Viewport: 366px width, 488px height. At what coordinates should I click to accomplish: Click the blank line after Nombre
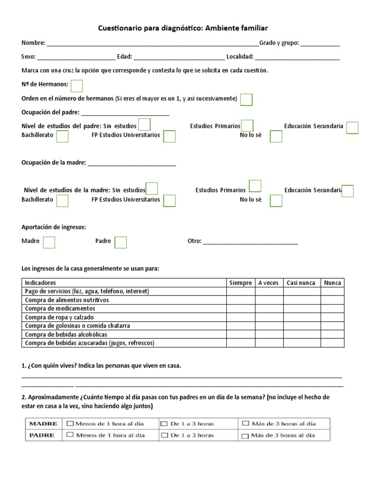(x=152, y=44)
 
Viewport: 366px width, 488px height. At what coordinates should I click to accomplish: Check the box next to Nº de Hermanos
(x=77, y=86)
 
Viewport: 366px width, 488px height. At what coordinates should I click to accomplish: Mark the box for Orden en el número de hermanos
(x=246, y=100)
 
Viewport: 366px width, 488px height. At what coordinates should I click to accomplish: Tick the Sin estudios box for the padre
(x=144, y=125)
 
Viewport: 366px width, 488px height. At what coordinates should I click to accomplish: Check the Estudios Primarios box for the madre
(x=255, y=186)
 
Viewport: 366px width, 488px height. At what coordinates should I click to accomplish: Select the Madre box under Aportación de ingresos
(x=49, y=243)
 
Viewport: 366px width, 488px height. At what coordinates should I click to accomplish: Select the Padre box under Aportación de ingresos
(x=121, y=243)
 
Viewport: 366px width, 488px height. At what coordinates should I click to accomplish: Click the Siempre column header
(x=241, y=283)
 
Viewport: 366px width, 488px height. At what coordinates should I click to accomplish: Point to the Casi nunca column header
(x=301, y=283)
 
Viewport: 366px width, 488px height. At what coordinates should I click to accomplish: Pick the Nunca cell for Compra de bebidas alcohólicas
(x=332, y=335)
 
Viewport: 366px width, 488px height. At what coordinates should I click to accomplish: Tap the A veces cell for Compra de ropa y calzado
(x=268, y=317)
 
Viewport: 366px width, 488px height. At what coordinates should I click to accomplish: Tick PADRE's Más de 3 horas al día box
(x=245, y=436)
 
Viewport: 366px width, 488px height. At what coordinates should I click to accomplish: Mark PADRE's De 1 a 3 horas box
(x=164, y=435)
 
